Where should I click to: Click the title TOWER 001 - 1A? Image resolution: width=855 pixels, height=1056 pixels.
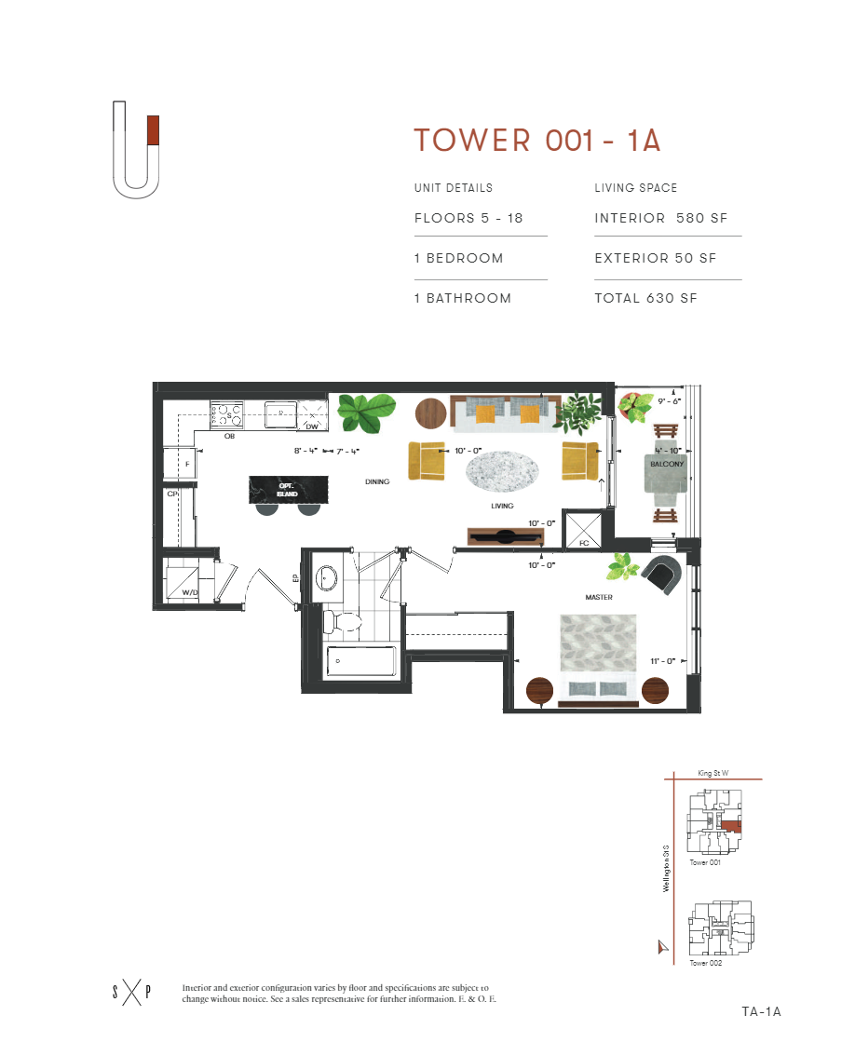[537, 141]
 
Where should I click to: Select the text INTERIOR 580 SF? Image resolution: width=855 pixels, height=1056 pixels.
[660, 219]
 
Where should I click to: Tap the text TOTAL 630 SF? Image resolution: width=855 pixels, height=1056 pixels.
[645, 299]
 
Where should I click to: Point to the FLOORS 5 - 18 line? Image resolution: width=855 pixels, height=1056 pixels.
[468, 219]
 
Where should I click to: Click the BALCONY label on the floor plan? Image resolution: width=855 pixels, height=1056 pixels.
[667, 464]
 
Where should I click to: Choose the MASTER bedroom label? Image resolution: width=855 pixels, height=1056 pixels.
[599, 597]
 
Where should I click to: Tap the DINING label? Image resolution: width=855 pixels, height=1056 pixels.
[377, 481]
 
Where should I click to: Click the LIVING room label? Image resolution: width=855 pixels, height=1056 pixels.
[502, 506]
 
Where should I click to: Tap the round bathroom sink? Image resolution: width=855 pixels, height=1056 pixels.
[327, 578]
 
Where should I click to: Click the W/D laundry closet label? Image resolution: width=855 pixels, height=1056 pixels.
[189, 591]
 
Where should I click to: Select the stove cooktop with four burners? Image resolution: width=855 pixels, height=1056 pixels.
[226, 414]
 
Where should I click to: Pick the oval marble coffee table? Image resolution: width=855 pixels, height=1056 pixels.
[502, 471]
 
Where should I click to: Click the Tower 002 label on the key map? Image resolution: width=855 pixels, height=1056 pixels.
[705, 963]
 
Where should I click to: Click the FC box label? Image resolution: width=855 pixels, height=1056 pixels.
[583, 541]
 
